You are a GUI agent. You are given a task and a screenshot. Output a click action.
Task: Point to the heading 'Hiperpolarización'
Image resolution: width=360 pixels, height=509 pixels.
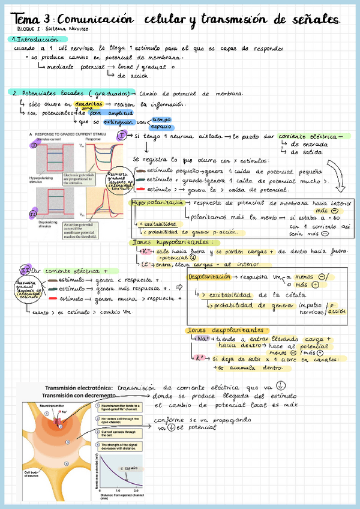tap(157, 203)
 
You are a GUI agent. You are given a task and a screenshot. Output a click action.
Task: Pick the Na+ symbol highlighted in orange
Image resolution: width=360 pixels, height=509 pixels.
tap(202, 339)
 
